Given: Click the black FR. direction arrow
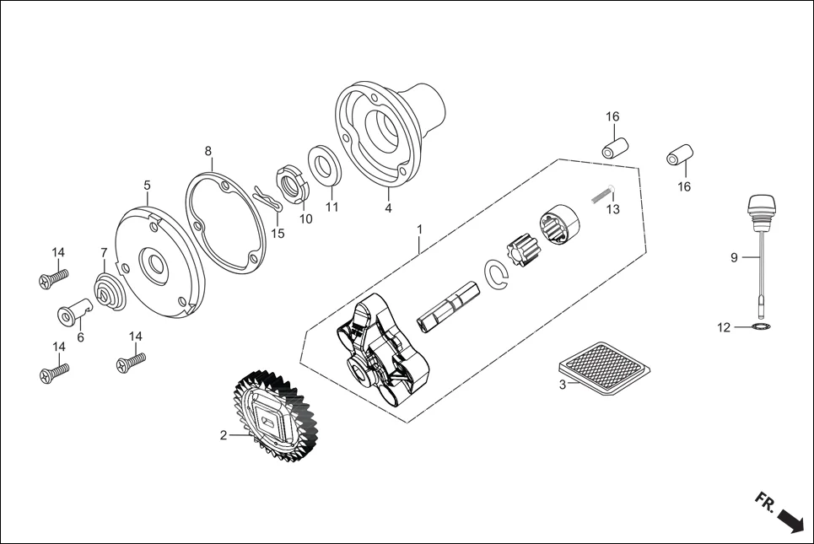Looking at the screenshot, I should [x=790, y=519].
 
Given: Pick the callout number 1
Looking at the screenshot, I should [x=419, y=229].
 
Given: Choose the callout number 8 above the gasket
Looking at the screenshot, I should [x=208, y=152].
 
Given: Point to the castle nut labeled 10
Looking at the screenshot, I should [x=290, y=185].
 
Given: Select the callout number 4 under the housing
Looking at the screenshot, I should [x=388, y=207].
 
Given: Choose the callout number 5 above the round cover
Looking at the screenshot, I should [x=147, y=184].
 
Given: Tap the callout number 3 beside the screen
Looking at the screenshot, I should [x=562, y=385].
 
